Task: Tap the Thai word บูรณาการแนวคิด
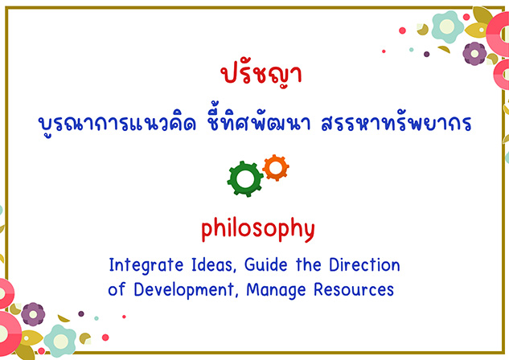117,122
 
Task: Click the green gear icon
245,179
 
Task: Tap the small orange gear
276,168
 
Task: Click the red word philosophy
258,229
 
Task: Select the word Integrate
146,265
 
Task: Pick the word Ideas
212,264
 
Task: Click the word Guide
266,264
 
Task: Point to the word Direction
364,264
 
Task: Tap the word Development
184,289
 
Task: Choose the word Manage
276,290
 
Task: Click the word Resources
354,289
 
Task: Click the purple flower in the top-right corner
474,54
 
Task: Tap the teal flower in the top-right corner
448,27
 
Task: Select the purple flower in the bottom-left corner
33,314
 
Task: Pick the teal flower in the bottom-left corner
60,341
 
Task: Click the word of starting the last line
117,288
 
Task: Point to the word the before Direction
309,264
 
